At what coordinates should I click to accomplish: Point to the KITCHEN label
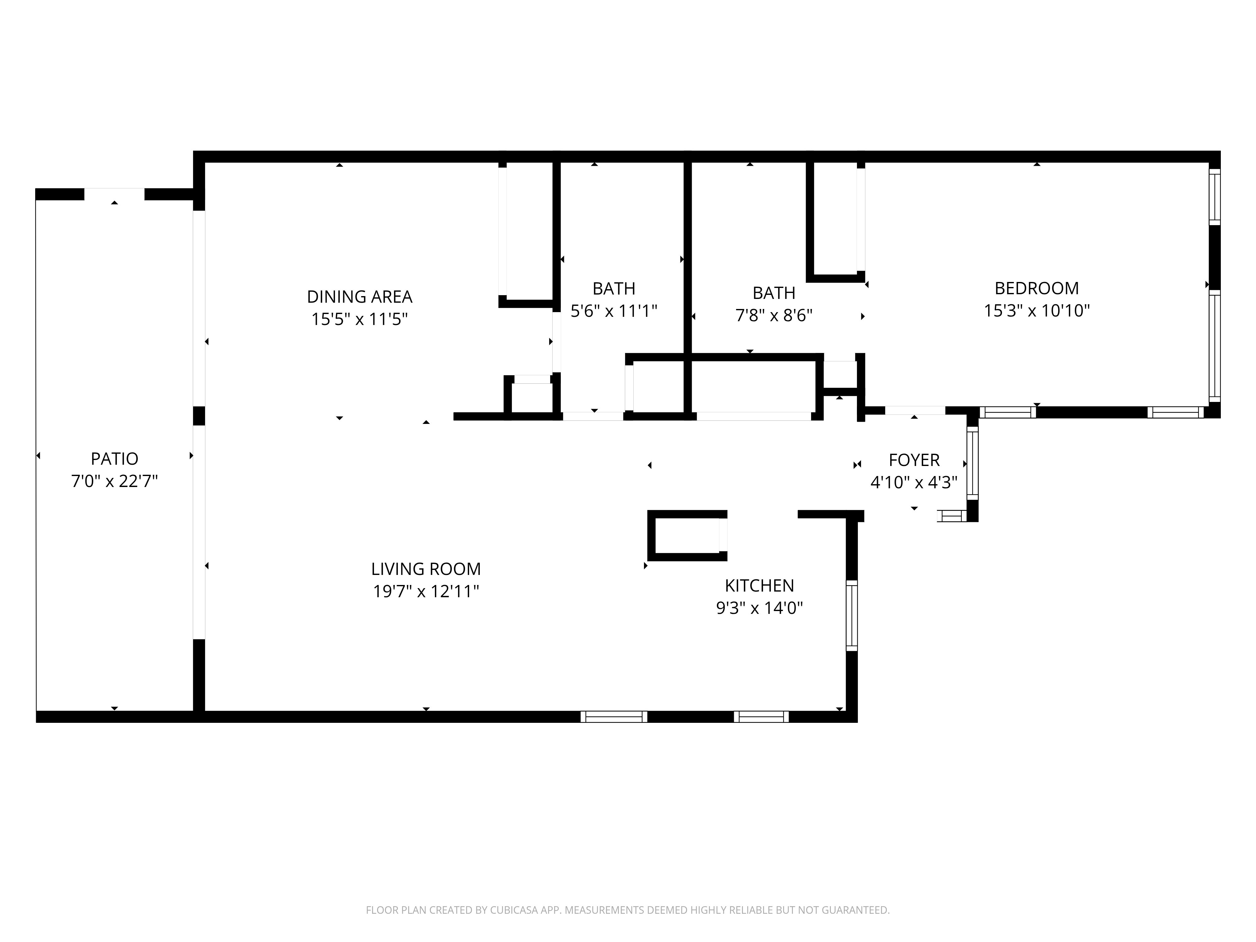(759, 585)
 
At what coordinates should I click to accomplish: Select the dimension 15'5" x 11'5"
(360, 319)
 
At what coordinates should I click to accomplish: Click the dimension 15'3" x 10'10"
(1036, 311)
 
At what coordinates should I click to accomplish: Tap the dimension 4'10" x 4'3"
(914, 482)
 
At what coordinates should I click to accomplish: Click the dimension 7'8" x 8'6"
(774, 315)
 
